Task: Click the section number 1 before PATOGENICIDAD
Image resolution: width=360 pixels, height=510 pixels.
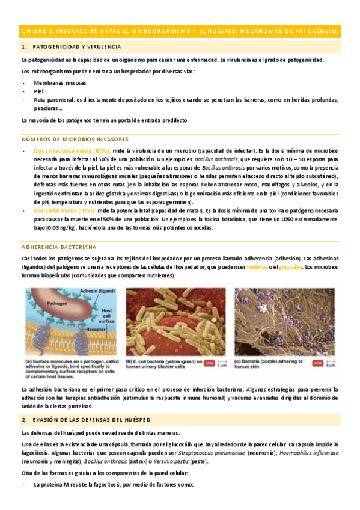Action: coord(22,46)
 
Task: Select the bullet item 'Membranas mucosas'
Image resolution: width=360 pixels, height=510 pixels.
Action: coord(59,82)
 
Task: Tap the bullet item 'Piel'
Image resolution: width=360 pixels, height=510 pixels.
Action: coord(39,91)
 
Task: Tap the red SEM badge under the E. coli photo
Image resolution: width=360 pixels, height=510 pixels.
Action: coord(209,363)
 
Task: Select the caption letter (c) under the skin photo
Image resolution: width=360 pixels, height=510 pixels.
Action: coord(239,361)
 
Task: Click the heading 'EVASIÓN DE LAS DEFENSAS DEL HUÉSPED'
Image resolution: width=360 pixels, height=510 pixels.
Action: coord(87,402)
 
